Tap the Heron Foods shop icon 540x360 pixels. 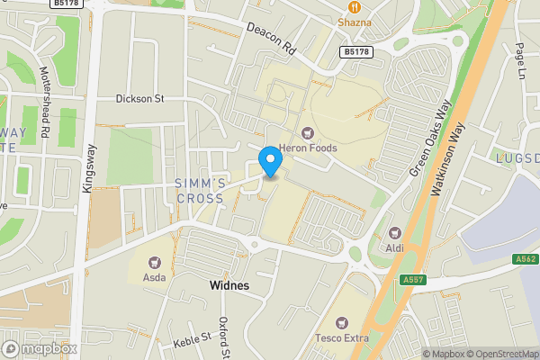point(307,133)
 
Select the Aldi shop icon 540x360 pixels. point(393,231)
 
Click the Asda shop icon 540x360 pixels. point(153,262)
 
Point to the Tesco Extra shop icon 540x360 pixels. point(341,322)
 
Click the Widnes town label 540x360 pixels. point(229,285)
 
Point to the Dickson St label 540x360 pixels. point(139,99)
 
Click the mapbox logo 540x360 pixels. point(40,348)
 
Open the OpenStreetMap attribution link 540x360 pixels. point(501,354)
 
